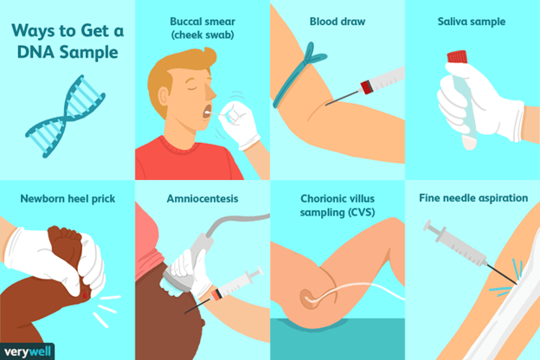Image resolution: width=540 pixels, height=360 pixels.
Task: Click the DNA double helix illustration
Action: point(65,117)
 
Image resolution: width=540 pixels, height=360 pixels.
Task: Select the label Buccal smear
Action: point(202,22)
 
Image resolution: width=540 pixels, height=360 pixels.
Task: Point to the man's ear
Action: point(164,97)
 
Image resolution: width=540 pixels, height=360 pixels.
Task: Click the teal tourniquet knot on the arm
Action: point(313,55)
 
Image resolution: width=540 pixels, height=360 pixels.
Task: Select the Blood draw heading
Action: point(337,22)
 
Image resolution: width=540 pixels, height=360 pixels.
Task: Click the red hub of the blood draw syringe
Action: point(366,87)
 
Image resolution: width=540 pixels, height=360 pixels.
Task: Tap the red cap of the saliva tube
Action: point(457,57)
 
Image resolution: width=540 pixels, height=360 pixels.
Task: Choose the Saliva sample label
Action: point(472,22)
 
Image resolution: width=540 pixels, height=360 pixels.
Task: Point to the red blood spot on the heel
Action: point(85,294)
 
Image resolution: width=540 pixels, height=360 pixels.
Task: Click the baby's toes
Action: point(65,233)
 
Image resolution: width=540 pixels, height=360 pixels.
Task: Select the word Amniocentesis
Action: point(202,198)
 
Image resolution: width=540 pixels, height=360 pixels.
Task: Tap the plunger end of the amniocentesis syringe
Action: point(256,273)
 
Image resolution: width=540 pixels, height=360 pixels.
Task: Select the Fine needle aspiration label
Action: point(473,198)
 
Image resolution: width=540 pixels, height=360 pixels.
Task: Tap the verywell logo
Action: point(27,351)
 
